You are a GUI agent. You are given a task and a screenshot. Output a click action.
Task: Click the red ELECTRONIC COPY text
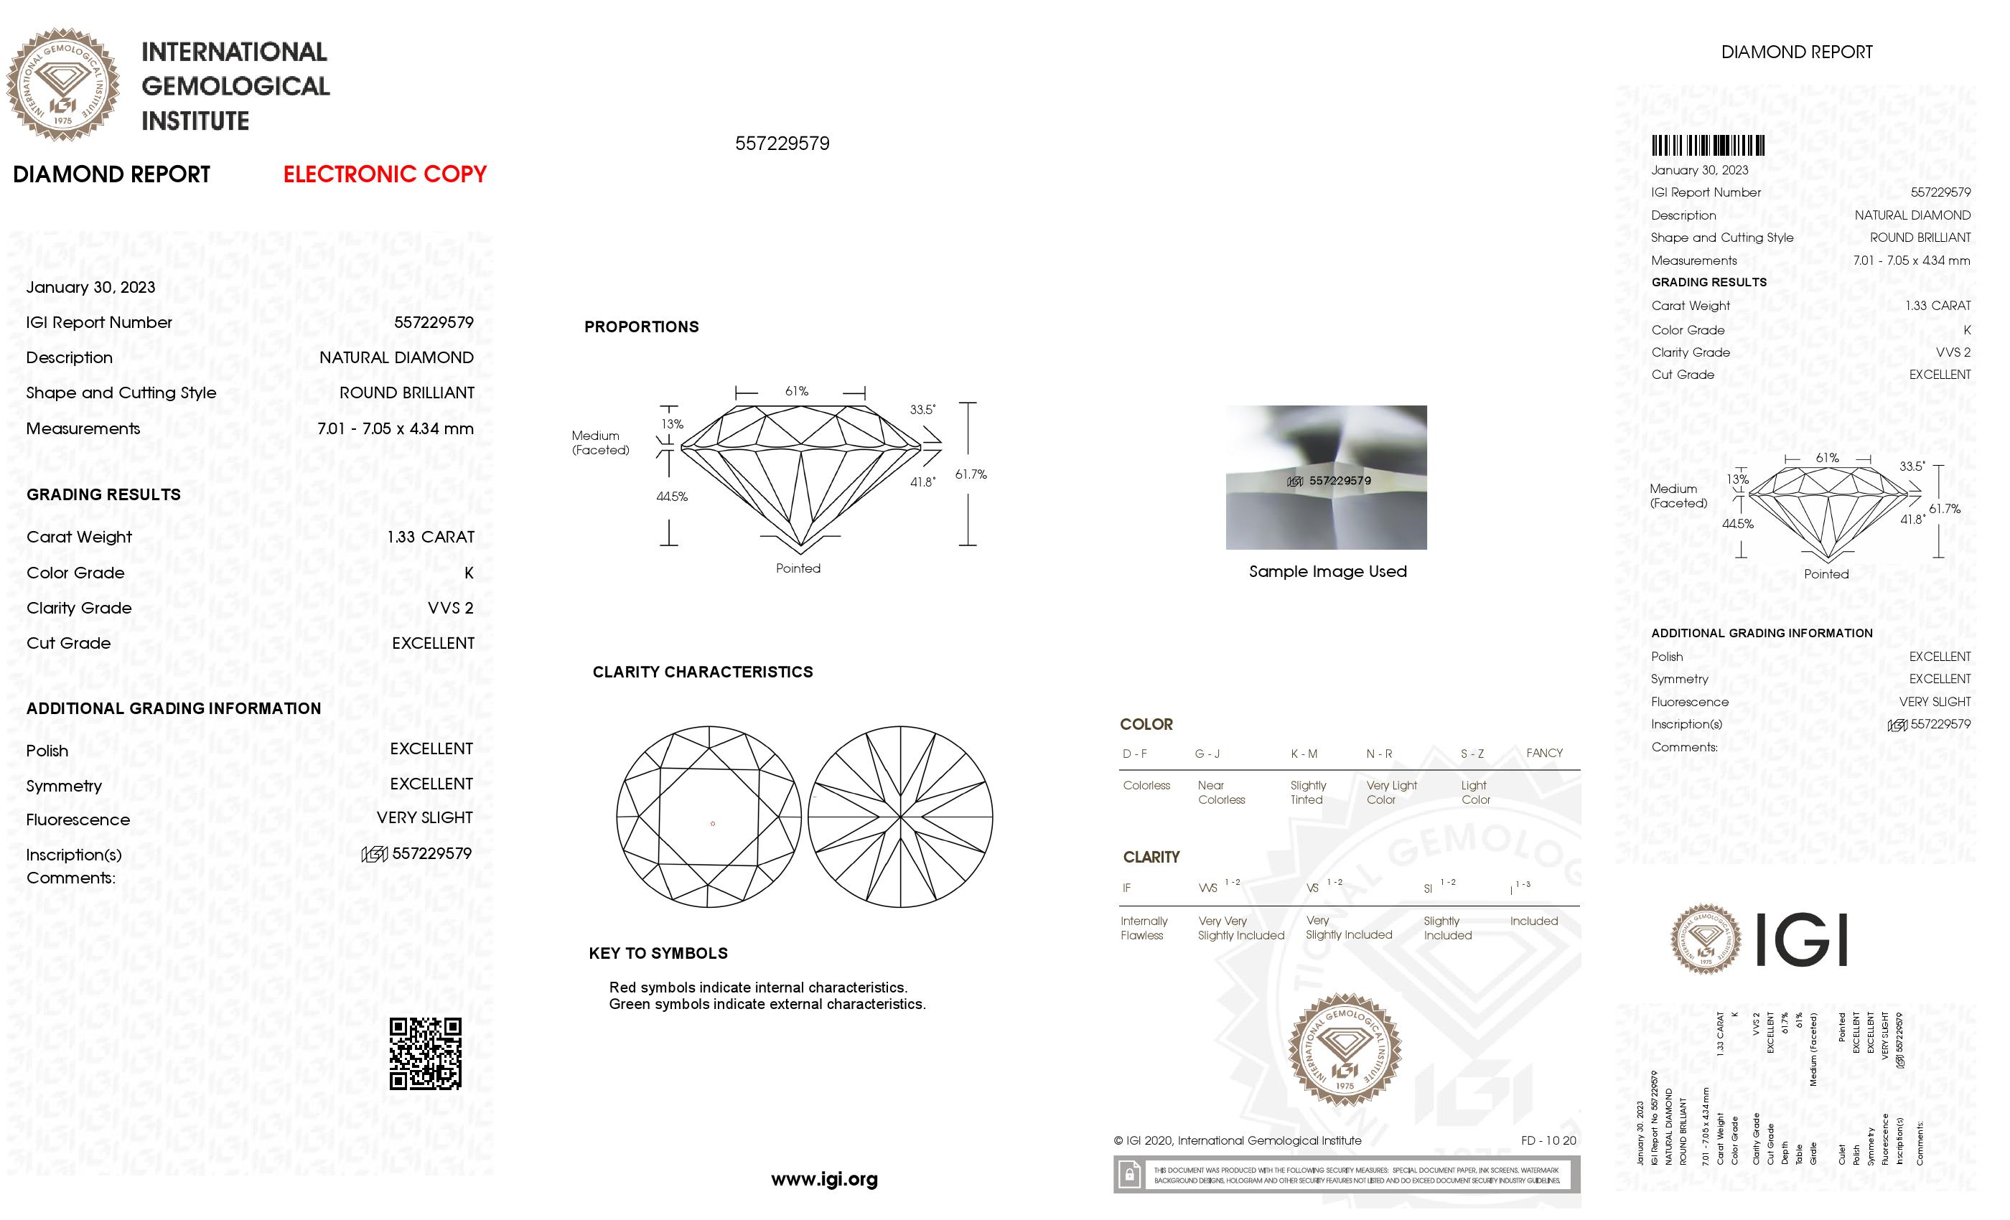click(x=384, y=174)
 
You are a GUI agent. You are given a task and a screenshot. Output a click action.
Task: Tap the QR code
click(x=425, y=1053)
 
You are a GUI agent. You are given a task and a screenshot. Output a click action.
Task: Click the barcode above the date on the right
click(x=1707, y=146)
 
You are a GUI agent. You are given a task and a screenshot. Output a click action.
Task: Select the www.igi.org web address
click(x=824, y=1178)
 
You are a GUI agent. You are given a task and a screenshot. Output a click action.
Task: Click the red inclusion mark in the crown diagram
click(x=713, y=824)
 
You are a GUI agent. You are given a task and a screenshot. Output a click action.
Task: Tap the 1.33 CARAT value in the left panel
click(x=431, y=537)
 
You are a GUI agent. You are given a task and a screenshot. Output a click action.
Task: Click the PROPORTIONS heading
click(x=641, y=327)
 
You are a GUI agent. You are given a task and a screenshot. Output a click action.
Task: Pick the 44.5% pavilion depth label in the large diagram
click(x=671, y=497)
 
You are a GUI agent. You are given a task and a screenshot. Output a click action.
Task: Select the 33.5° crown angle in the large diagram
click(x=922, y=409)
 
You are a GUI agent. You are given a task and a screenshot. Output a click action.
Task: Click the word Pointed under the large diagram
click(x=798, y=568)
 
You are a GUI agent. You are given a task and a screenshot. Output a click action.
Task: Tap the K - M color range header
click(x=1304, y=754)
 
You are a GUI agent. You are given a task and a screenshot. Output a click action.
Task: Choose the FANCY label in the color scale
click(x=1544, y=753)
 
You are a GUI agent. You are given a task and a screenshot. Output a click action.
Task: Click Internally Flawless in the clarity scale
click(x=1144, y=928)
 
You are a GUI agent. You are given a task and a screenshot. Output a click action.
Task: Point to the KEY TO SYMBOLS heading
click(x=658, y=953)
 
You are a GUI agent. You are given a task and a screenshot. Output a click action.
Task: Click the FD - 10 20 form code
click(x=1548, y=1140)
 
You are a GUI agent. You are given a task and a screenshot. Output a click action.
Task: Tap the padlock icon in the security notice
click(x=1129, y=1176)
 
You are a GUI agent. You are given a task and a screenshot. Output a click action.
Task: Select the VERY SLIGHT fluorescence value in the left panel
click(x=424, y=817)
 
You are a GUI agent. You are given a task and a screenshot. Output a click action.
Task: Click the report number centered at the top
click(x=782, y=144)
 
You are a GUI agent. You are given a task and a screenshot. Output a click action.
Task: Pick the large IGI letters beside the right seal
click(x=1800, y=940)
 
